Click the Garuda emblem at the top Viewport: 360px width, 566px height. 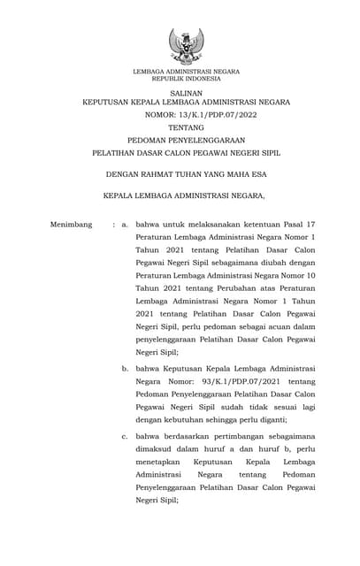[186, 45]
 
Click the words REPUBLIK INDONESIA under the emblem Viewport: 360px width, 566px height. [186, 78]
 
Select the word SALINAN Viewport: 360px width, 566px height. [186, 92]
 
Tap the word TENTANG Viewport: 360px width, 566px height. [186, 127]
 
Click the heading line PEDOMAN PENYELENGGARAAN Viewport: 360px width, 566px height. [186, 140]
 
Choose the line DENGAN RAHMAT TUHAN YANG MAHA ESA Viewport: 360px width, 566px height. [186, 175]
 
